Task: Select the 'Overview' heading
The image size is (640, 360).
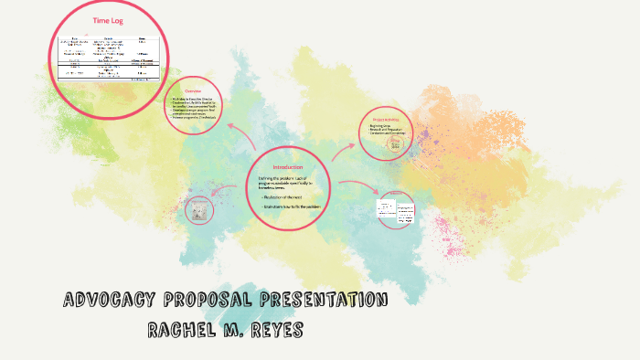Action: pos(192,91)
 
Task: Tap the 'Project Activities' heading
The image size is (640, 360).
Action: pos(388,119)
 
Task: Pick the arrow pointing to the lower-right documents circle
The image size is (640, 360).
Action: pos(357,187)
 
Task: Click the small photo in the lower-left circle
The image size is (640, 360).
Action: pos(198,211)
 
